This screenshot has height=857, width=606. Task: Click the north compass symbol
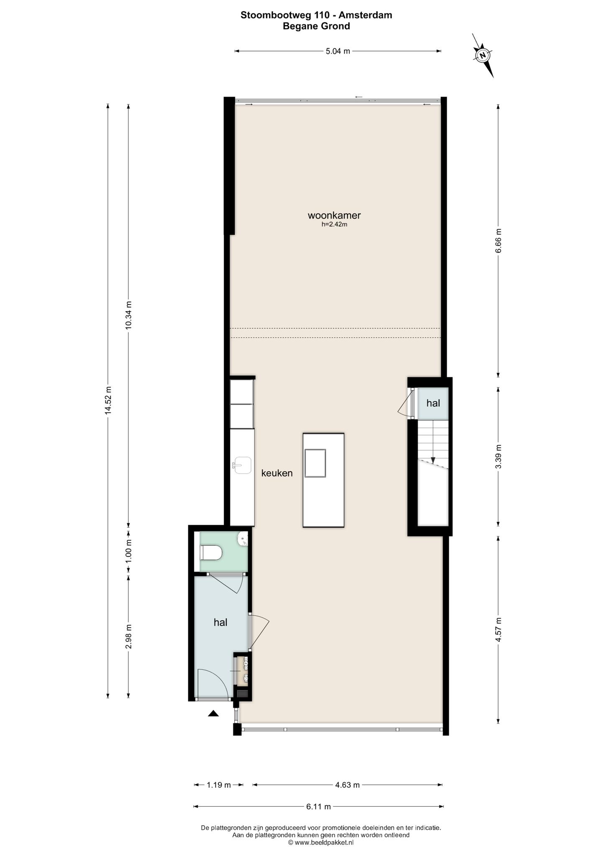(483, 55)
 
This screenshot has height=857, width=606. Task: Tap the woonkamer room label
(334, 216)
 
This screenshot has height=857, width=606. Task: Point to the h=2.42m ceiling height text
(334, 224)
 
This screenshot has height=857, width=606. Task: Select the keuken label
(277, 473)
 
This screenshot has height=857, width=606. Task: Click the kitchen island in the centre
(324, 480)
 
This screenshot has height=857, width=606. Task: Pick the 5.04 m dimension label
(338, 51)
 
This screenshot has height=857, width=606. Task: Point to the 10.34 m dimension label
(128, 315)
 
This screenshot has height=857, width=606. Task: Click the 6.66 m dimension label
(498, 241)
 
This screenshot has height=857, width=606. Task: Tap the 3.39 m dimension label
(498, 457)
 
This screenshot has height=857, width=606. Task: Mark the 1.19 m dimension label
(219, 785)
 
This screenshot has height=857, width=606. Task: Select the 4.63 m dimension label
(347, 785)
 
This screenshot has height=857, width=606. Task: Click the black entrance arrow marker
(213, 713)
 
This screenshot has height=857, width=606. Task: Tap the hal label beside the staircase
(433, 403)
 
